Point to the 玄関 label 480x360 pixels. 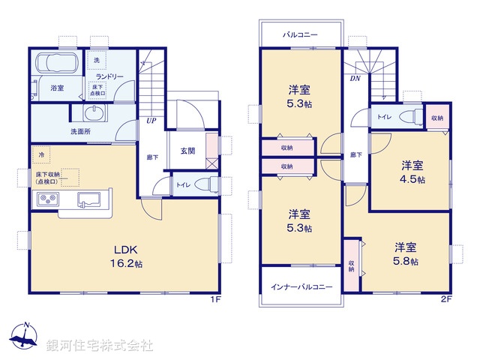187,151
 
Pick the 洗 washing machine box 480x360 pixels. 96,60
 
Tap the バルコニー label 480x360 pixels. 300,34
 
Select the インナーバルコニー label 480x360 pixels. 301,287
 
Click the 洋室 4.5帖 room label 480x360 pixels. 412,172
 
